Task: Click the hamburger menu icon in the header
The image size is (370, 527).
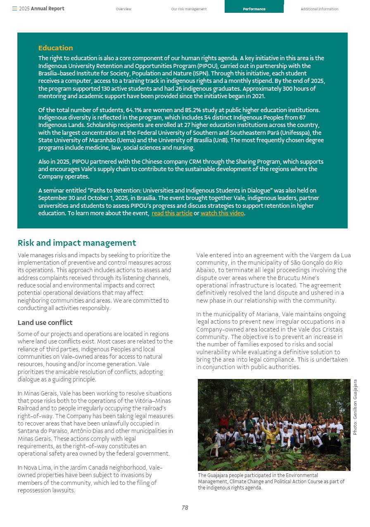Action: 14,9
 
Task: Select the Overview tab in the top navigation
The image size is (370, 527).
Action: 123,9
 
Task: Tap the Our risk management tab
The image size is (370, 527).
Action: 189,9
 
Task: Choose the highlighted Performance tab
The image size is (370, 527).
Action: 254,9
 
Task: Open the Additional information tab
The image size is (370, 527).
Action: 319,9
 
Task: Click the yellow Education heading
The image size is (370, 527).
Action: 55,48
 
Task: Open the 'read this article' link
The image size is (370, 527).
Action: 172,213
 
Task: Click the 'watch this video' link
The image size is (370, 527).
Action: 222,213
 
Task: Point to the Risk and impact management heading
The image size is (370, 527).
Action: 77,243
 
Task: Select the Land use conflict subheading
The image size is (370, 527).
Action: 45,322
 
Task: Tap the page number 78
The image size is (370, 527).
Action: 185,508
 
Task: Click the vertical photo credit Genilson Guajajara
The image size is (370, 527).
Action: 355,407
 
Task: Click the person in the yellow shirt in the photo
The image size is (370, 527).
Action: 271,433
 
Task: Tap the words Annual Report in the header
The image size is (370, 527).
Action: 47,9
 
